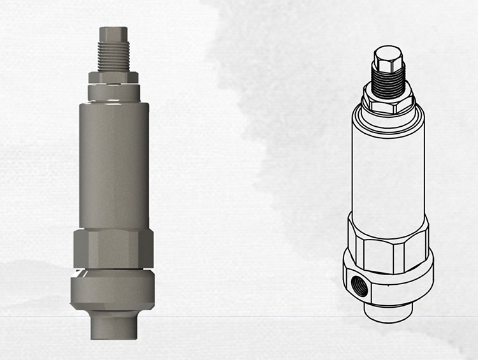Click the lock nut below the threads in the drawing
tap(389, 102)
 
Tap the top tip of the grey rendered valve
tap(113, 32)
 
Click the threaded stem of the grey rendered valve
tap(114, 54)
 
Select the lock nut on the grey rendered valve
tap(114, 77)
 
